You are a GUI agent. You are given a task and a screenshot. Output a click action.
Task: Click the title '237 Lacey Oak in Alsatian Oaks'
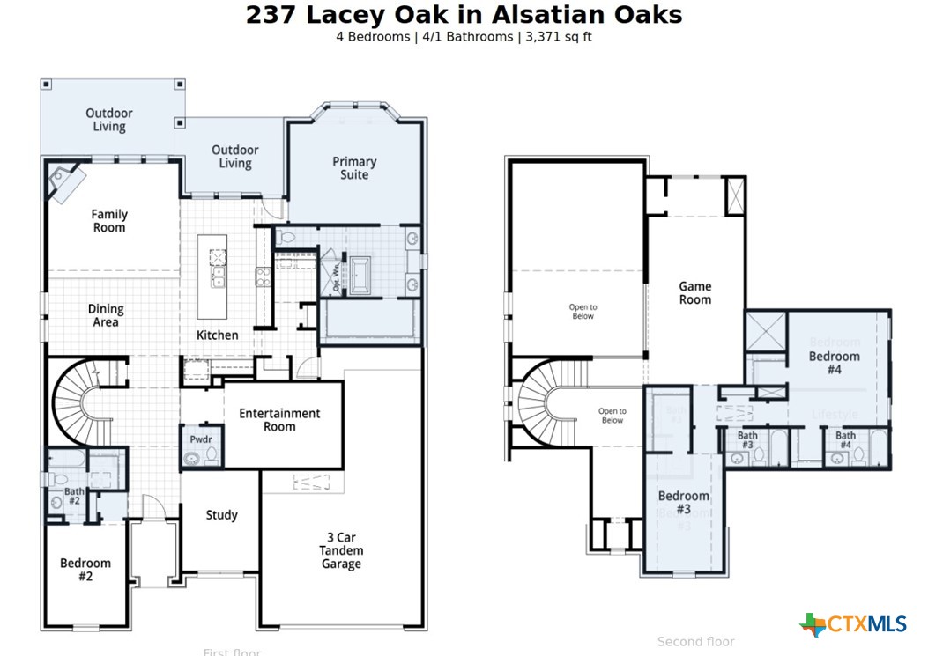[464, 15]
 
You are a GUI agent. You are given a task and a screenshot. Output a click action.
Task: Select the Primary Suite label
[354, 168]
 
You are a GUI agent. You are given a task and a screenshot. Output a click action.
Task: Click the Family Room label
[109, 221]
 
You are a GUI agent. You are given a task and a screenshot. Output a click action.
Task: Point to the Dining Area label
[106, 315]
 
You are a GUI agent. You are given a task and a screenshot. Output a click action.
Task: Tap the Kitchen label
[217, 335]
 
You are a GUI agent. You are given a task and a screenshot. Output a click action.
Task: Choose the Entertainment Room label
[279, 420]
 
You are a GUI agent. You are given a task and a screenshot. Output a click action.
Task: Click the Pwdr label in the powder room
[201, 439]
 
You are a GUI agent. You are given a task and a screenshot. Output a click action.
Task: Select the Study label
[221, 515]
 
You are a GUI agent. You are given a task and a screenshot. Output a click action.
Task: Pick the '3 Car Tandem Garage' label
[341, 550]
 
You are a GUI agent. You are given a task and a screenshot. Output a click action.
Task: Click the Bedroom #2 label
[85, 570]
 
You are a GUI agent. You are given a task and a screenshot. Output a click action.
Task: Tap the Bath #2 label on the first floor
[74, 497]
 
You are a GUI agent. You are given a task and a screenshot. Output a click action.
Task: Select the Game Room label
[694, 292]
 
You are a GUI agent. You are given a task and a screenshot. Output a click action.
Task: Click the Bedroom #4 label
[835, 363]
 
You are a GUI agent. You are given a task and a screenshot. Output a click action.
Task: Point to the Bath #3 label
[747, 440]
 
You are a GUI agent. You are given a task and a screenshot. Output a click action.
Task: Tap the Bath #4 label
[845, 440]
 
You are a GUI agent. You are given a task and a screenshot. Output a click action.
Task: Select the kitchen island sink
[218, 279]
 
